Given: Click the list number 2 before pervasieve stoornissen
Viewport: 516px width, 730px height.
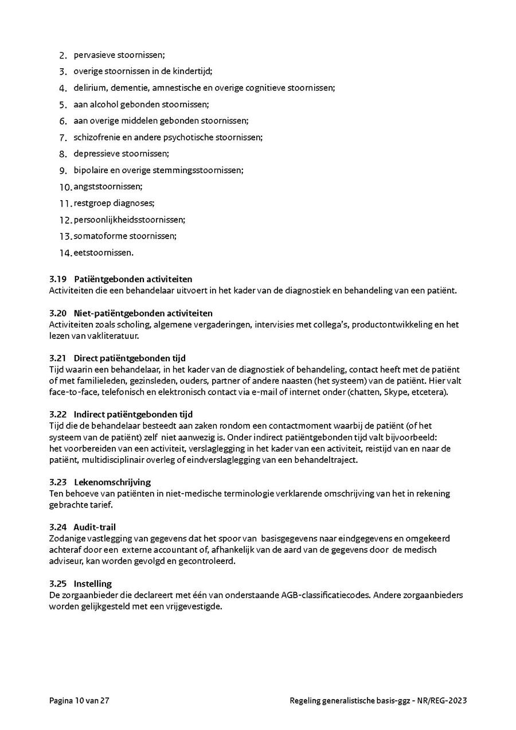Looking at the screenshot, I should point(63,56).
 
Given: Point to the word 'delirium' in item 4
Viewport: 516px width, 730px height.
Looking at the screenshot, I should point(88,88).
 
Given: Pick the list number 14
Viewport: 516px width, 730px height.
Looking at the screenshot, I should point(65,253).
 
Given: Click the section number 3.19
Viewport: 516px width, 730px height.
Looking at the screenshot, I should point(58,279).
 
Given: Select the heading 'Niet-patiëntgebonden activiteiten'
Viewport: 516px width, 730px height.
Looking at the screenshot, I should point(143,313).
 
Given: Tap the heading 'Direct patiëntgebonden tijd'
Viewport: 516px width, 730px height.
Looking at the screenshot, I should point(130,358).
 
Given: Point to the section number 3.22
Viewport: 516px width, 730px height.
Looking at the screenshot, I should point(58,414).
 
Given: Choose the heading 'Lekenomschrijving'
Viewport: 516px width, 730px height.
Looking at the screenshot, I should point(112,482).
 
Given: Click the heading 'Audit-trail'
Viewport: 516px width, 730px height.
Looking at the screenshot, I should point(95,527).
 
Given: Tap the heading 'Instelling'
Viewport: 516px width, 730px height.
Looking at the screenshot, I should point(92,584).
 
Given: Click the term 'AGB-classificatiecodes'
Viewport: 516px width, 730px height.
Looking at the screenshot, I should point(325,595).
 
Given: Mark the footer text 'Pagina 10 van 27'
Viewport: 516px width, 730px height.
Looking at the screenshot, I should point(79,701).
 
